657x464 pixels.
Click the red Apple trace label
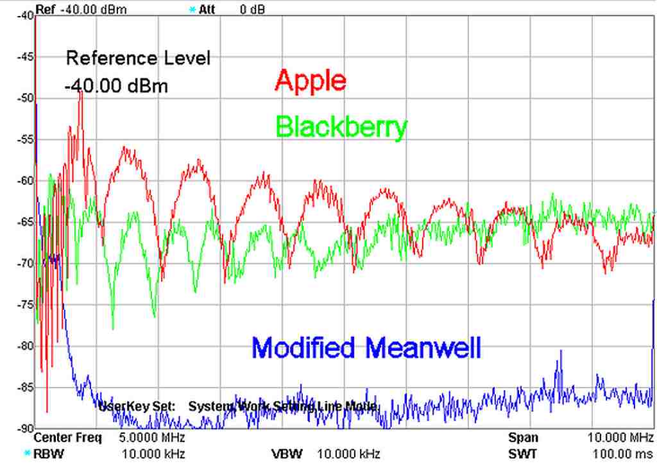point(311,81)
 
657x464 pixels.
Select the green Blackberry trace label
point(341,127)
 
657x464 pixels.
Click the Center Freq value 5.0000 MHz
point(152,438)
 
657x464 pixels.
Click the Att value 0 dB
point(253,10)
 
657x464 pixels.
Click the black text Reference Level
point(138,58)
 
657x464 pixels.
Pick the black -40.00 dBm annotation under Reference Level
point(116,85)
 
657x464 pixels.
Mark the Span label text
point(523,438)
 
